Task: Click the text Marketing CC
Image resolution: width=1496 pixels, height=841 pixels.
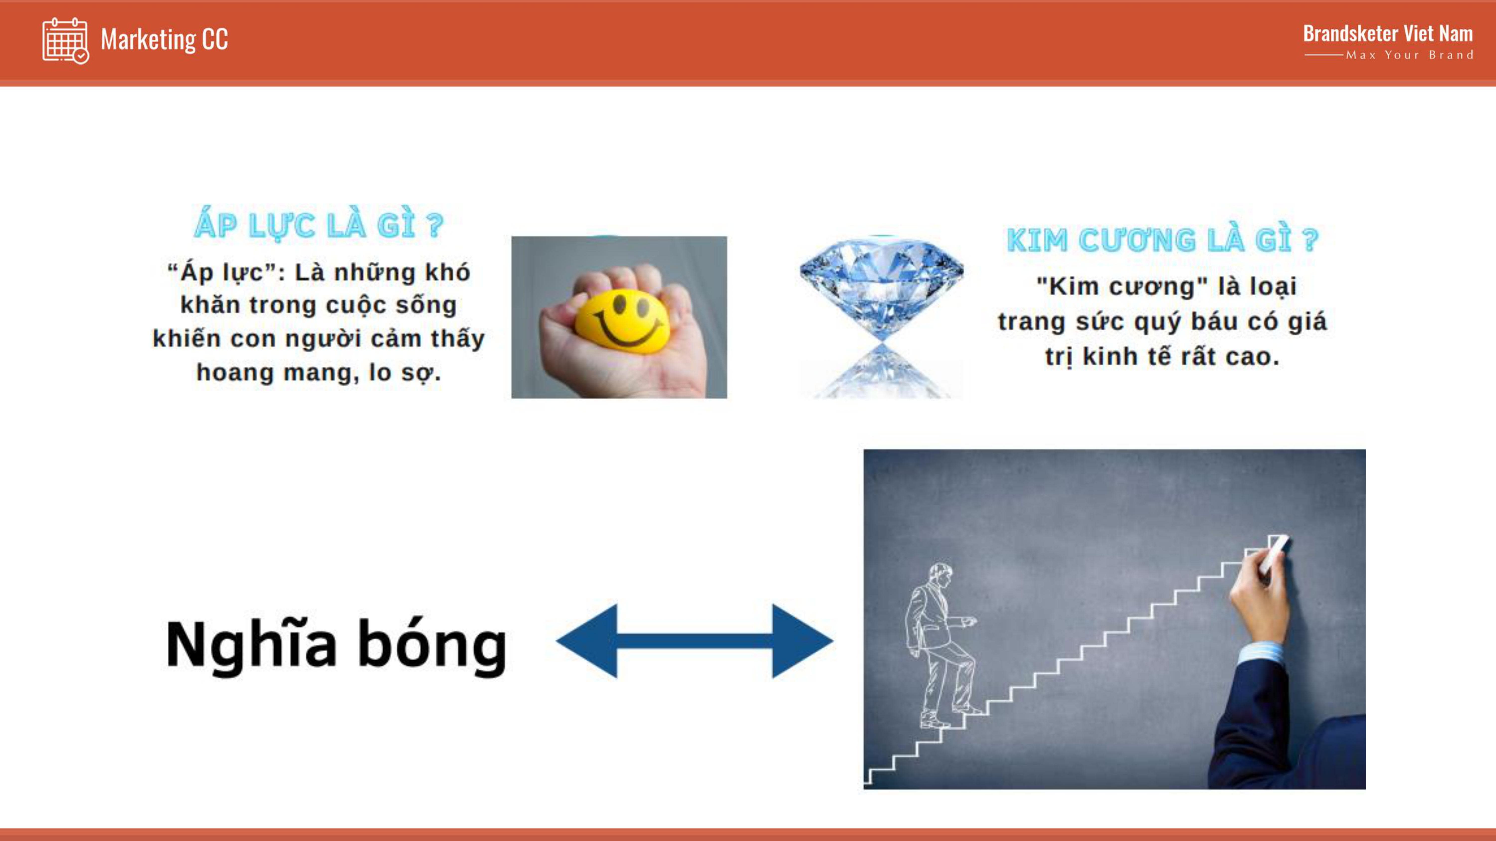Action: [x=164, y=39]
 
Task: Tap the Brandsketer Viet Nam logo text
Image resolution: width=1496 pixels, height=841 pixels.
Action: [x=1388, y=34]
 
